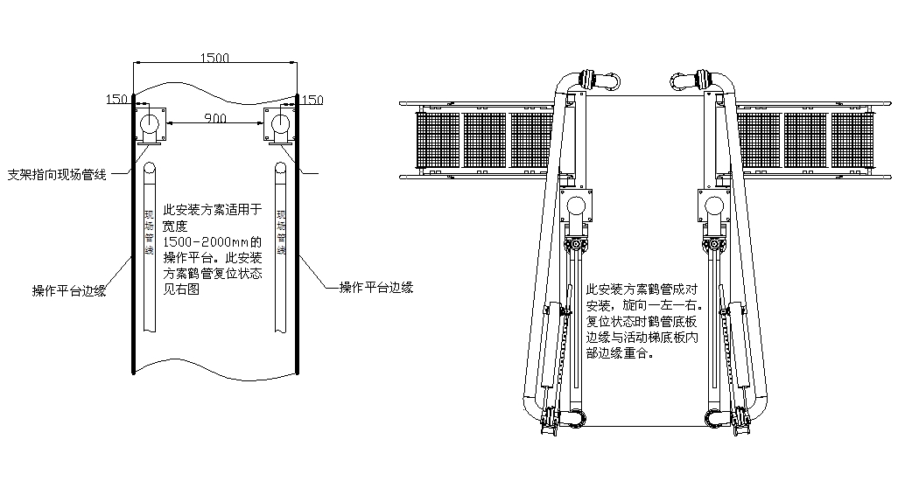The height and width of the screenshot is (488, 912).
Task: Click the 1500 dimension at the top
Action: [215, 58]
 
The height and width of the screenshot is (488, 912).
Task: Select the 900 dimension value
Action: [216, 117]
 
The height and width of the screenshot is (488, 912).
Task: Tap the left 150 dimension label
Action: [117, 99]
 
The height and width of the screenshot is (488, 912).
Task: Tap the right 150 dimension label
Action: [312, 100]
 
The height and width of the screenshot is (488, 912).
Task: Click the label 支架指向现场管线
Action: [57, 175]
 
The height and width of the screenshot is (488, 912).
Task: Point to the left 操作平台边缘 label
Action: [69, 291]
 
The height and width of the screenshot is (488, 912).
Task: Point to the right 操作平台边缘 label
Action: [375, 287]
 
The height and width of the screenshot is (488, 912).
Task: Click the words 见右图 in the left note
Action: [182, 289]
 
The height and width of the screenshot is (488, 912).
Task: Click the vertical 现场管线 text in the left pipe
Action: [150, 232]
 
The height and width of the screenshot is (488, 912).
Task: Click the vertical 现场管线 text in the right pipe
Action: [282, 232]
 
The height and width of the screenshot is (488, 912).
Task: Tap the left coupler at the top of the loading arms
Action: [602, 81]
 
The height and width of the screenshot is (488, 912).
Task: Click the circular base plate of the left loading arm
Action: [577, 207]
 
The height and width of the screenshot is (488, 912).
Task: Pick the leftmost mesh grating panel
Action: [438, 141]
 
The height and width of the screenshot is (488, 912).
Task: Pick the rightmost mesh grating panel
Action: [852, 141]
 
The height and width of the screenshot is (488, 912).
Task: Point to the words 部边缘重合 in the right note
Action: [622, 356]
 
